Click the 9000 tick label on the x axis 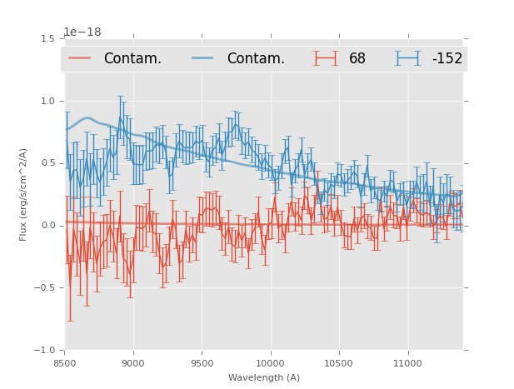[x=133, y=363]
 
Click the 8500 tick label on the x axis [x=65, y=363]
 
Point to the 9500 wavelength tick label [x=202, y=363]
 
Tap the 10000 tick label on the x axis [x=270, y=363]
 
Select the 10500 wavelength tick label [x=339, y=363]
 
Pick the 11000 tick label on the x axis [x=407, y=363]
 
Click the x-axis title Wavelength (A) [x=264, y=377]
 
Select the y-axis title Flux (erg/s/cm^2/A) [x=24, y=194]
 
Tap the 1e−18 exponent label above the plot [x=82, y=32]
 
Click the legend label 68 [x=357, y=58]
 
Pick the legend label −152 [x=447, y=58]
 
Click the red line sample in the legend [x=80, y=58]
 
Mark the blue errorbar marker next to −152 [x=408, y=58]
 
